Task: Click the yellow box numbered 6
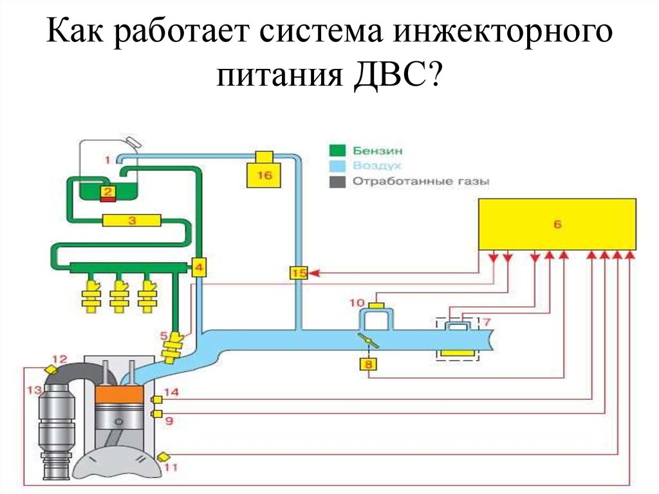click(x=557, y=223)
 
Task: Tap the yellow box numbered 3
click(x=131, y=221)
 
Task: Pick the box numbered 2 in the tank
click(x=107, y=191)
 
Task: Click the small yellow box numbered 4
click(x=199, y=267)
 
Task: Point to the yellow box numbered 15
click(x=299, y=273)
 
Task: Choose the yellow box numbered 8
click(x=369, y=365)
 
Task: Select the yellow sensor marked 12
click(x=50, y=369)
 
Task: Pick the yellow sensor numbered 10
click(x=376, y=305)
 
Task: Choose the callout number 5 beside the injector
click(x=163, y=335)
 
